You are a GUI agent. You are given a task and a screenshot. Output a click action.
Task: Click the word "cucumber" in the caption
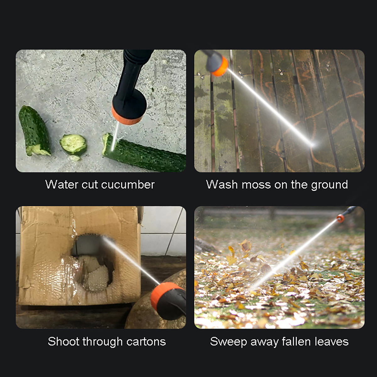pos(128,185)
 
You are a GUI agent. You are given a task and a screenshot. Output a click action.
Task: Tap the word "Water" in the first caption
pos(62,185)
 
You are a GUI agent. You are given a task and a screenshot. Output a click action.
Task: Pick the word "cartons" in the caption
pos(146,342)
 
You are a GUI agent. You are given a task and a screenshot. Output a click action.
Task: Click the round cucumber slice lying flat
pos(73,144)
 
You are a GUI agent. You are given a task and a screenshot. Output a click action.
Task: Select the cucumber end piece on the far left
pos(35,131)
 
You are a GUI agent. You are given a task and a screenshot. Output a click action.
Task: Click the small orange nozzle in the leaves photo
pos(341,218)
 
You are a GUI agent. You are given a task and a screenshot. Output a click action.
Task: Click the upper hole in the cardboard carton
pos(88,244)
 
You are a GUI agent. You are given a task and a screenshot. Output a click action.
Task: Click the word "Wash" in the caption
pos(222,185)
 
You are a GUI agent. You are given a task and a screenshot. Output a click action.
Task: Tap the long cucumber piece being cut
pos(144,153)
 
